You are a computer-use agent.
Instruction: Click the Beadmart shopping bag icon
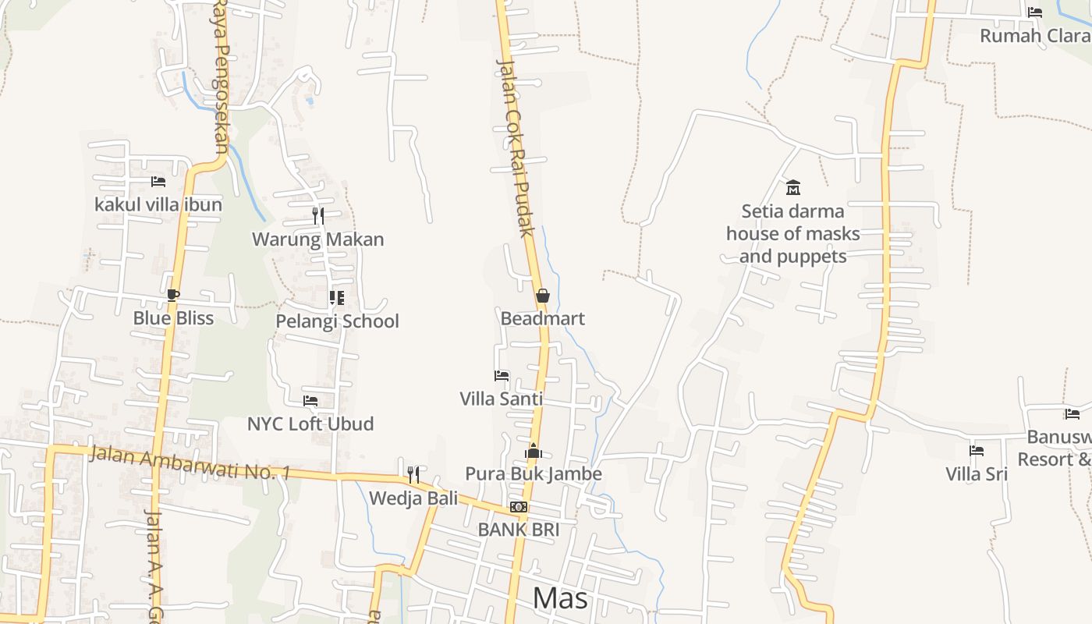pos(542,296)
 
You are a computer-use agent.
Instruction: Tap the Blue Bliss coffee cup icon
pos(172,295)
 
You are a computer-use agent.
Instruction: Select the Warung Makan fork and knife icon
pos(318,215)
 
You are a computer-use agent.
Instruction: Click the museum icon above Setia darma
pos(793,187)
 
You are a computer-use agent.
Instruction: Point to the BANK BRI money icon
pos(519,507)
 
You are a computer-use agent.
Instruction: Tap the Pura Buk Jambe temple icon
pos(534,451)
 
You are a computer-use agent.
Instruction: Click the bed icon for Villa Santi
pos(502,376)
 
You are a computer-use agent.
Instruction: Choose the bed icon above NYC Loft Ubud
pos(310,401)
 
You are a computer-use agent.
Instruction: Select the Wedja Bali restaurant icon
pos(413,474)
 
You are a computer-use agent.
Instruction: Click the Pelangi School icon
pos(337,298)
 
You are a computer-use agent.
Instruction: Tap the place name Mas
pos(561,598)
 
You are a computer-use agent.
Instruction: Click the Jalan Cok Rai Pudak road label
pos(516,148)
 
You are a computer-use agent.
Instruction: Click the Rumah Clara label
pos(1034,36)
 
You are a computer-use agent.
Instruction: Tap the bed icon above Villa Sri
pos(977,451)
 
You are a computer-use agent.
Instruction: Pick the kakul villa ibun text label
pos(158,204)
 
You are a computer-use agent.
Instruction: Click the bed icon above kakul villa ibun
pos(158,182)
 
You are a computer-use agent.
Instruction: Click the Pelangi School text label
pos(337,321)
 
